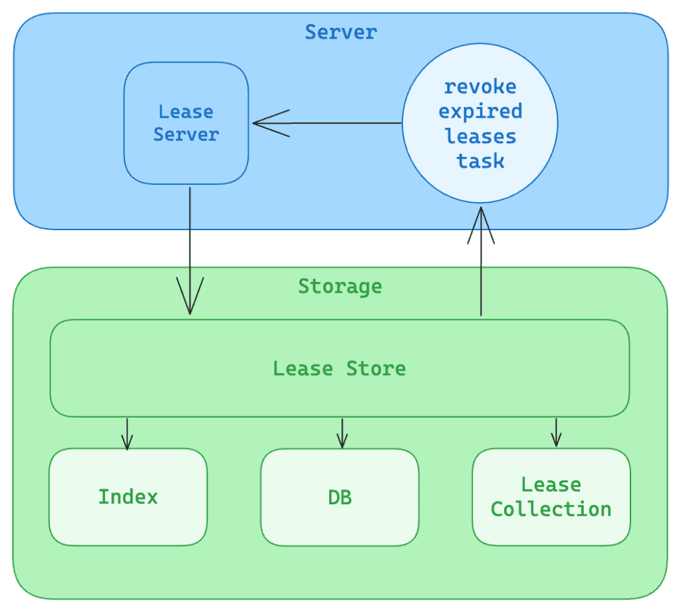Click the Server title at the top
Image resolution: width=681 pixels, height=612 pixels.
(340, 32)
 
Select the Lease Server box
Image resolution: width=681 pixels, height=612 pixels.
(186, 123)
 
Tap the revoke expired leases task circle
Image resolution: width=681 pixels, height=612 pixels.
(480, 124)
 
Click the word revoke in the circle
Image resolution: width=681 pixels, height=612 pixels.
(480, 86)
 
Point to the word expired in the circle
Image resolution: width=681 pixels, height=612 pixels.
(480, 111)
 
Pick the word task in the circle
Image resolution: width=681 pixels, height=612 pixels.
(480, 161)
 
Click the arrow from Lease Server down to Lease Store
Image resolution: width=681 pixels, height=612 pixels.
(190, 253)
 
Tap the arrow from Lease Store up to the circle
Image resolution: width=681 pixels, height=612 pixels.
(480, 266)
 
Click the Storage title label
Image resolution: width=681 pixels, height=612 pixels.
(340, 287)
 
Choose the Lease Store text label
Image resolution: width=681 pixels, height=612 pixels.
(339, 369)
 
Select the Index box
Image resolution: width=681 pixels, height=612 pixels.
(128, 497)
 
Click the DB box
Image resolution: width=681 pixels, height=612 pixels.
(340, 497)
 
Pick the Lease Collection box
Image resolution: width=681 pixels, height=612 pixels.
(551, 497)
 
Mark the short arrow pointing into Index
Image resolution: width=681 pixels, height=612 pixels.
(128, 434)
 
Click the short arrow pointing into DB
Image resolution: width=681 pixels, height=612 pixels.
(342, 434)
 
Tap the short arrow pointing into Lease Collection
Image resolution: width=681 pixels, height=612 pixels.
(556, 434)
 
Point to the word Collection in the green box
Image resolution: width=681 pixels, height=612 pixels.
(551, 510)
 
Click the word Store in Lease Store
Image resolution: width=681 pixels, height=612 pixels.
(376, 369)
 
